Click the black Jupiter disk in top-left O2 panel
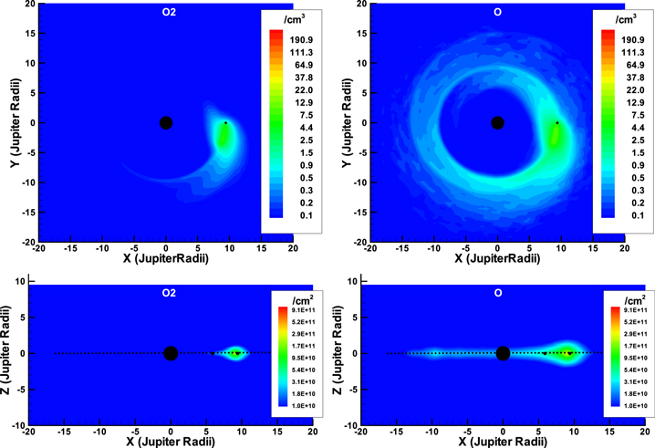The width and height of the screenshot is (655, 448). coord(165,123)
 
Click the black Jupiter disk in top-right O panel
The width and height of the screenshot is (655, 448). coord(497,123)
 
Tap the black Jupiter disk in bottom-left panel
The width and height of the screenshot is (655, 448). coord(171,353)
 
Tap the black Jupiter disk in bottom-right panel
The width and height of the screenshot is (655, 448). coord(503,353)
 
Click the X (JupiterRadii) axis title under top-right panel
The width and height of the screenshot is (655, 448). coord(497,259)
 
